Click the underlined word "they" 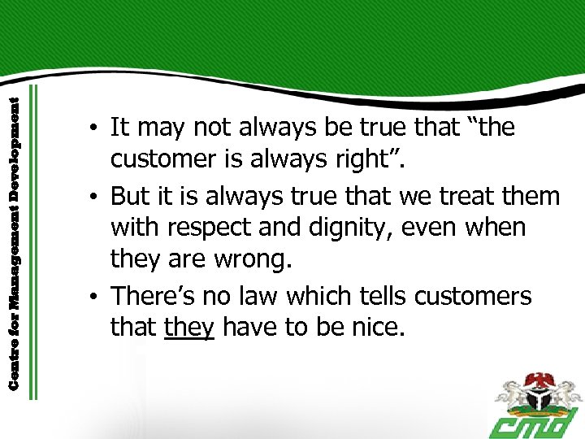[188, 328]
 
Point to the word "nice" [377, 328]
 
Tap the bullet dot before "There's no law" [95, 297]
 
